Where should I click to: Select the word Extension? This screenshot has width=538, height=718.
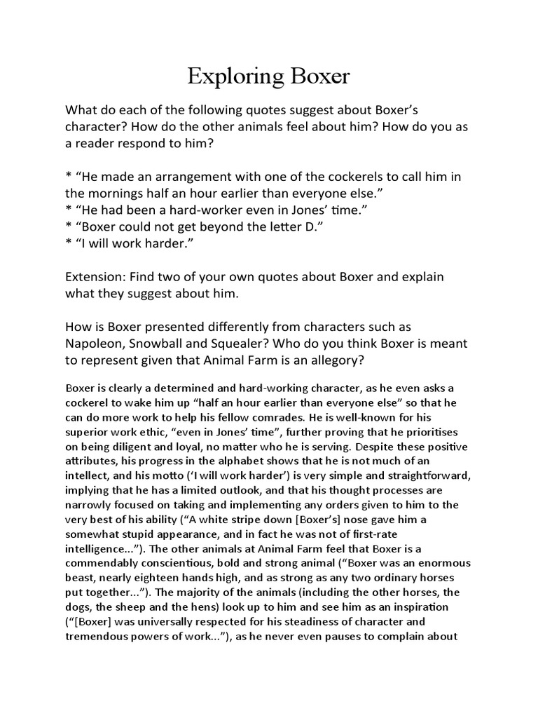[93, 277]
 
